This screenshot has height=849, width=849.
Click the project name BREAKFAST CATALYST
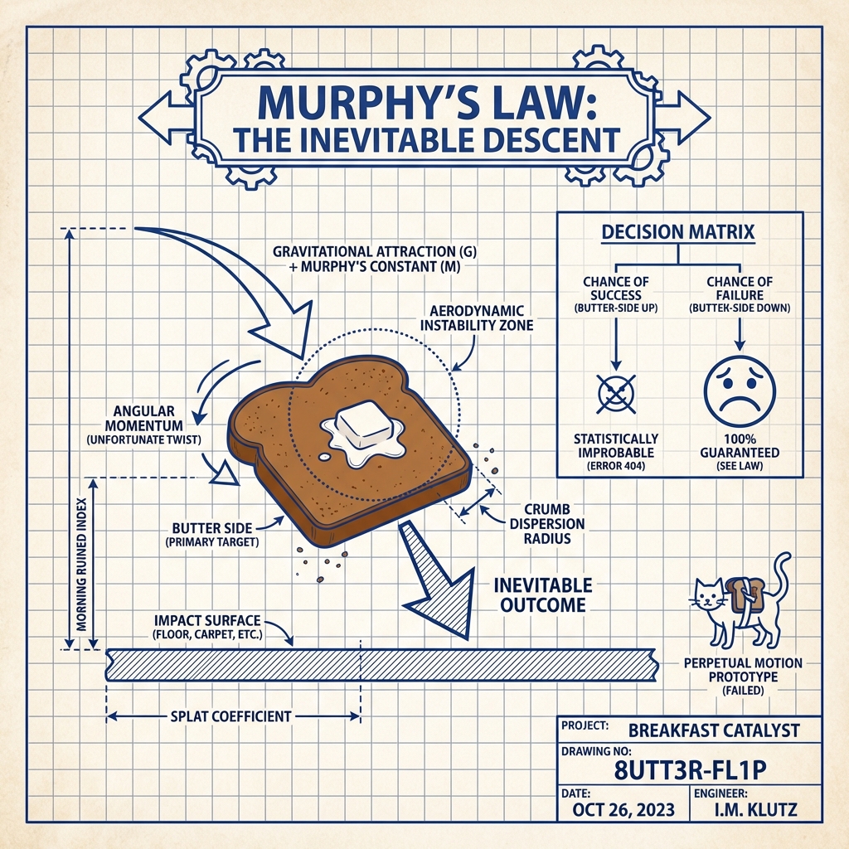pyautogui.click(x=714, y=730)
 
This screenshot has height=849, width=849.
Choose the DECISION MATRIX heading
pyautogui.click(x=678, y=231)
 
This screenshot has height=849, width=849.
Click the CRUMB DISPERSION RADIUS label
pyautogui.click(x=553, y=524)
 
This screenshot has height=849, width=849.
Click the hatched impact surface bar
pyautogui.click(x=381, y=664)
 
